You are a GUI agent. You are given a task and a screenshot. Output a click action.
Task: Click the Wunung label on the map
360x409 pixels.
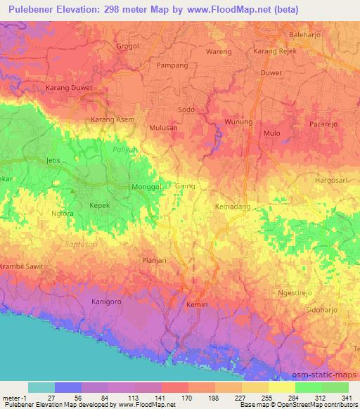tap(238, 122)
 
